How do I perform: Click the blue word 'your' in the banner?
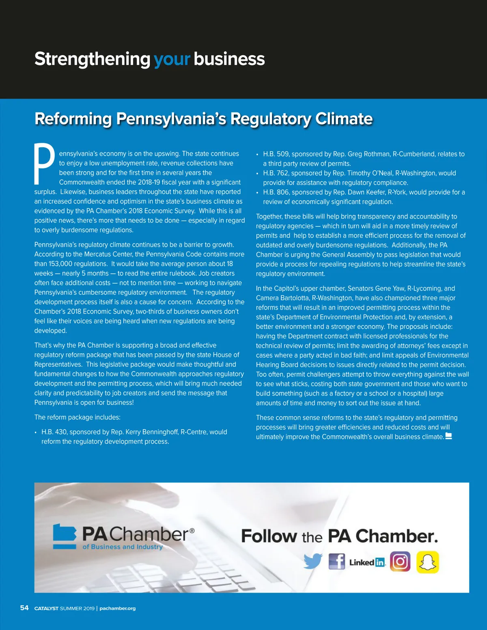(x=172, y=59)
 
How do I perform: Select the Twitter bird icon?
(x=312, y=561)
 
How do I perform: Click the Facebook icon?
(x=336, y=562)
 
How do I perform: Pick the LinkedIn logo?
(x=367, y=562)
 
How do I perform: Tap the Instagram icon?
(x=400, y=562)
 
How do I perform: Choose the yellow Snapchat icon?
(x=427, y=562)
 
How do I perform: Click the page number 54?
(x=24, y=608)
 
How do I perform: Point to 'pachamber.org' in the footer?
(x=118, y=608)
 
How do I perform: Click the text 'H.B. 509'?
(x=276, y=154)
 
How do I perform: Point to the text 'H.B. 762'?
(x=276, y=173)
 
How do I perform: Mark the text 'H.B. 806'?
(x=276, y=192)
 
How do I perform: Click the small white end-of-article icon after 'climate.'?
(x=448, y=436)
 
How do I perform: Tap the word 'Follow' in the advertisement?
(x=269, y=536)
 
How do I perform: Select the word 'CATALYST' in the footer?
(x=46, y=608)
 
